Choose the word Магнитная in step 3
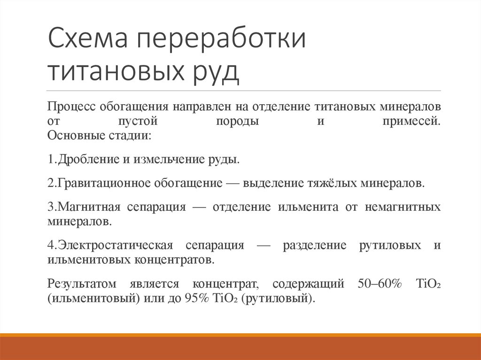pyautogui.click(x=87, y=207)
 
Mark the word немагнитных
pyautogui.click(x=403, y=207)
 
